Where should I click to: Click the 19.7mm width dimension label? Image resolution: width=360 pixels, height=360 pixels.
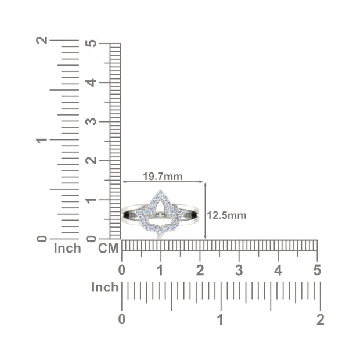point(163,177)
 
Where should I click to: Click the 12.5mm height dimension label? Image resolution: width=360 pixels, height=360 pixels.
point(226,215)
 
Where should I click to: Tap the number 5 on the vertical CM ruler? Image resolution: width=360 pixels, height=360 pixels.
point(91,44)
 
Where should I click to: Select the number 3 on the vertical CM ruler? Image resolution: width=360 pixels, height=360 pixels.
point(91,121)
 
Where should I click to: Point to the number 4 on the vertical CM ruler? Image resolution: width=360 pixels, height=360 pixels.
point(91,82)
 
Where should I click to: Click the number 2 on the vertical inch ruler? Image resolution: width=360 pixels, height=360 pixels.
point(42,40)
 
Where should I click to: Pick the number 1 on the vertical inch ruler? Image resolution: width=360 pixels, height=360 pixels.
point(42,140)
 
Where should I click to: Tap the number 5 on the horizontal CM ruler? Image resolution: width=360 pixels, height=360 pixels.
point(317,270)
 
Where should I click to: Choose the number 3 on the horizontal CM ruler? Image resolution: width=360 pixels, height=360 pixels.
point(239,270)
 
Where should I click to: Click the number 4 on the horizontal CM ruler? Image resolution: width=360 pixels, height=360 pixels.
point(278,270)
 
